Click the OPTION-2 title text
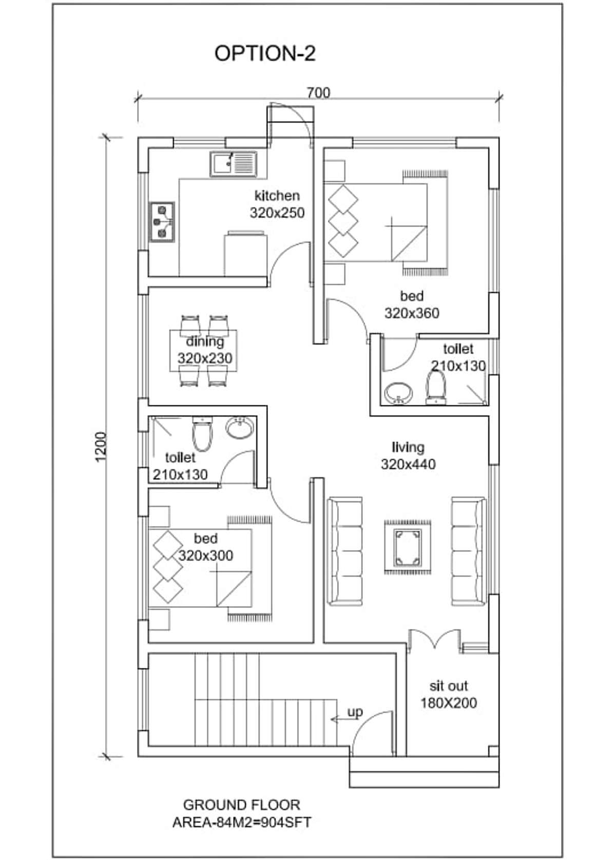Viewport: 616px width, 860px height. tap(265, 53)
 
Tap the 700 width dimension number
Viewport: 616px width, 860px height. tap(318, 92)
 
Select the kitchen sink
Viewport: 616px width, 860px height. tap(233, 164)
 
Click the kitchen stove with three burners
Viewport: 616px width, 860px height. tap(162, 222)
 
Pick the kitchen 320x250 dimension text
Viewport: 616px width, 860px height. tap(277, 212)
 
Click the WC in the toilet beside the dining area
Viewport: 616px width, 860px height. tap(202, 434)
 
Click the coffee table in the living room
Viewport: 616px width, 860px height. tap(408, 548)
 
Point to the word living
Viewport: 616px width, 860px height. tap(408, 447)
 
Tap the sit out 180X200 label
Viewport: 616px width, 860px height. tap(448, 695)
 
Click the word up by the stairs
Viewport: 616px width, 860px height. tap(355, 712)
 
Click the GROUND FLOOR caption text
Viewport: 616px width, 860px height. tap(242, 805)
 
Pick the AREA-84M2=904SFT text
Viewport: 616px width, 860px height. tap(242, 822)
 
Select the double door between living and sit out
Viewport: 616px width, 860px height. tap(434, 640)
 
